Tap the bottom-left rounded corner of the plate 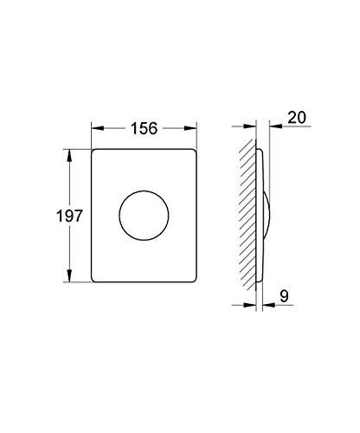click(x=95, y=277)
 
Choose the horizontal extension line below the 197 click(x=76, y=281)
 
